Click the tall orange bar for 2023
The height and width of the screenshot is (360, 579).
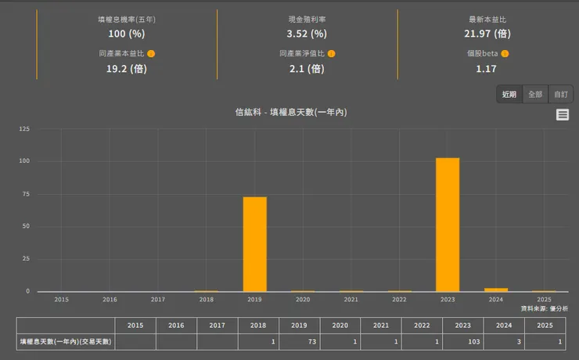click(x=448, y=225)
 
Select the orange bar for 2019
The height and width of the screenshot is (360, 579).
click(x=254, y=244)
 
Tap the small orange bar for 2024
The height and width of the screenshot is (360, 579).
click(x=496, y=290)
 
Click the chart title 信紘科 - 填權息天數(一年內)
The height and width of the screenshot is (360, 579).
click(x=291, y=113)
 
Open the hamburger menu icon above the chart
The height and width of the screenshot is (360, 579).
click(x=563, y=115)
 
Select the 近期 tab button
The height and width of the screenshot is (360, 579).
click(x=509, y=94)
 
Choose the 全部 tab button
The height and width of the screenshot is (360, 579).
click(x=535, y=94)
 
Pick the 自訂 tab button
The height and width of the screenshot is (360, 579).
click(x=561, y=94)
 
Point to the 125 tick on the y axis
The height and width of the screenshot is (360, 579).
click(x=24, y=128)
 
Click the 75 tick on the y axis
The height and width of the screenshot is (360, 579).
click(x=26, y=194)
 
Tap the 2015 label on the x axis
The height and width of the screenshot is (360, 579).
click(x=61, y=300)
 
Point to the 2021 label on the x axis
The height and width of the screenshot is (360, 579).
click(x=351, y=300)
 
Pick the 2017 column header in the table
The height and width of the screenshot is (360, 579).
click(x=217, y=325)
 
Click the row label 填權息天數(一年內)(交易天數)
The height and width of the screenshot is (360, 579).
click(x=66, y=341)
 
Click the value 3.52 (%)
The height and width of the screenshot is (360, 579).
click(x=307, y=34)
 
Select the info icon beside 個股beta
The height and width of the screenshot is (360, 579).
click(x=505, y=54)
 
